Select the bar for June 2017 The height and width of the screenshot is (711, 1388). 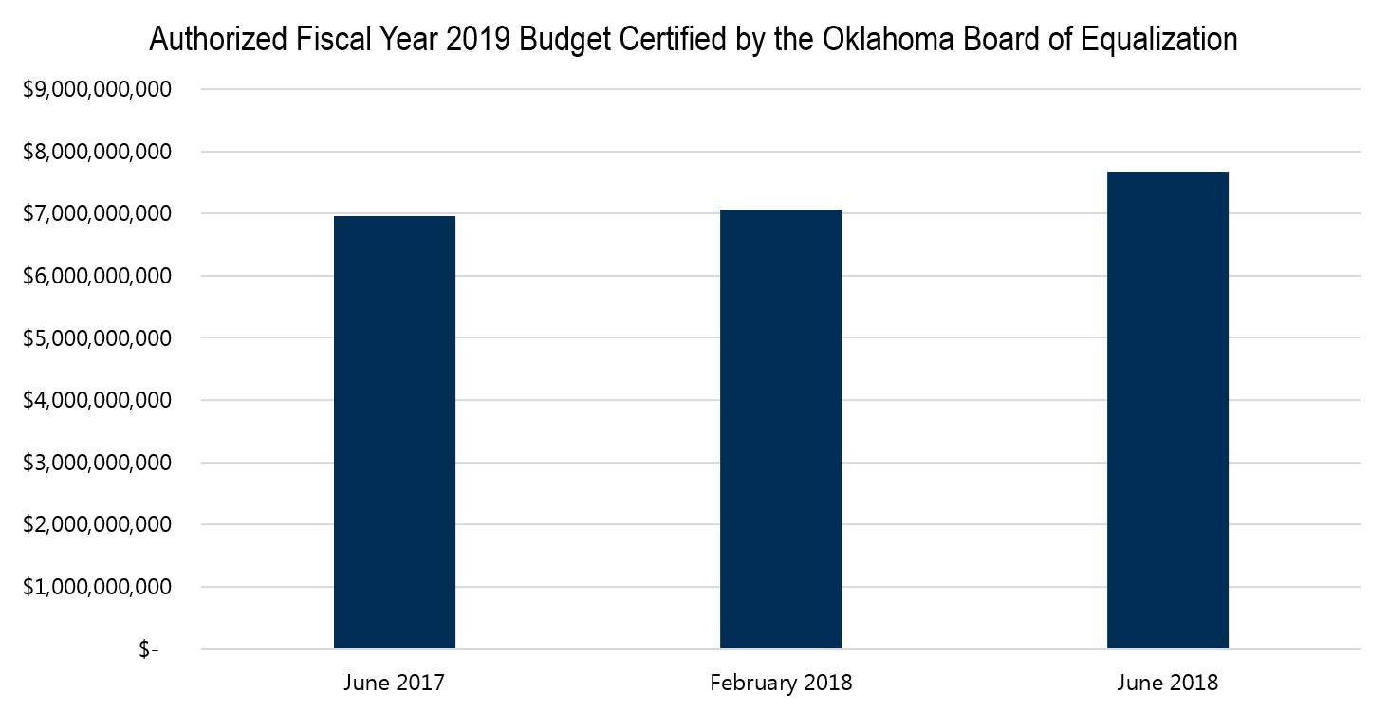click(395, 432)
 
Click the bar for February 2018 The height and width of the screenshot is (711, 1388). click(781, 428)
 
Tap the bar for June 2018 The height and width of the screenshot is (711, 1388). click(1167, 410)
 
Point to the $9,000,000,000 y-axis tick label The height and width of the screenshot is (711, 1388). click(96, 90)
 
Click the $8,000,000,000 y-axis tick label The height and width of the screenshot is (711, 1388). click(96, 152)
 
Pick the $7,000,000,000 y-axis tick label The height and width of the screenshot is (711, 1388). click(96, 214)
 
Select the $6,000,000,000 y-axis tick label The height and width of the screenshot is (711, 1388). click(96, 277)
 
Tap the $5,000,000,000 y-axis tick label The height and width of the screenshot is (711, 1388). click(96, 338)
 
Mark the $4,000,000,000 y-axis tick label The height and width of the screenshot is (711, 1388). click(96, 401)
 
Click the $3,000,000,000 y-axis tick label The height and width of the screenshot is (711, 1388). click(96, 464)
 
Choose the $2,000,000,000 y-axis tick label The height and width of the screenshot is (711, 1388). click(96, 525)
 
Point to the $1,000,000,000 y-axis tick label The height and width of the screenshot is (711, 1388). click(96, 588)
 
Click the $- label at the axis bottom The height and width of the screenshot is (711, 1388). click(149, 650)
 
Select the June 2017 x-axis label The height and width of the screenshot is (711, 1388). click(395, 683)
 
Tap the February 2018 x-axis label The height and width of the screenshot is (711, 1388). click(781, 683)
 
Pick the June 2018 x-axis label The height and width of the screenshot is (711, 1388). click(1167, 683)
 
